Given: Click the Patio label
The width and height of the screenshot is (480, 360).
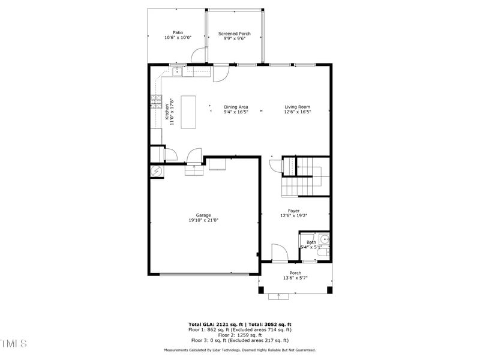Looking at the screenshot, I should [x=178, y=32].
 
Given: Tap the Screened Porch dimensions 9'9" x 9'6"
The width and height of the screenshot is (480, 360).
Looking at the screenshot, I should [x=235, y=38].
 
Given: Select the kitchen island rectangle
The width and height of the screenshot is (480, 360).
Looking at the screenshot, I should [x=189, y=112].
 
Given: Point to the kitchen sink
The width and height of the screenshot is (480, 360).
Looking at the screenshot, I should [x=178, y=72].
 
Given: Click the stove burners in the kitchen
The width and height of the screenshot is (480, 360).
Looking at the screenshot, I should [x=156, y=101].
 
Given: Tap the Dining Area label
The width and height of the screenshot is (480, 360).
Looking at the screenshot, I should [x=236, y=107].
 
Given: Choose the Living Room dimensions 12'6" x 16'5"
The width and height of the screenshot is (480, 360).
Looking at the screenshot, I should [x=297, y=112].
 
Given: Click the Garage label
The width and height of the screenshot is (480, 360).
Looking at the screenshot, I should [x=203, y=215].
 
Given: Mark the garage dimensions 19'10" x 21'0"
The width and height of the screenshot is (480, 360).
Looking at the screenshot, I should [x=203, y=220].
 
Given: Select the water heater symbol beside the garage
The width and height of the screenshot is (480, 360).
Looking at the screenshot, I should [x=156, y=171].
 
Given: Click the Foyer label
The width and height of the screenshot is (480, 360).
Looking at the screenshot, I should [x=293, y=211].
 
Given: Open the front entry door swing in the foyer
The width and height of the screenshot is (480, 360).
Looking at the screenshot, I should [x=279, y=253].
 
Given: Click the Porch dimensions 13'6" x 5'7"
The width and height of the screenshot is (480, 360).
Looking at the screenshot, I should [x=292, y=278].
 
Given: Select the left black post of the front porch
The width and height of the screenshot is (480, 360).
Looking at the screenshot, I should [x=261, y=290].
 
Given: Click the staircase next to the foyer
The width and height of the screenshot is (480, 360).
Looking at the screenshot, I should [x=305, y=176].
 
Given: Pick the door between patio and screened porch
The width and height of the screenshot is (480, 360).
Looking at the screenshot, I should [x=200, y=55].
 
